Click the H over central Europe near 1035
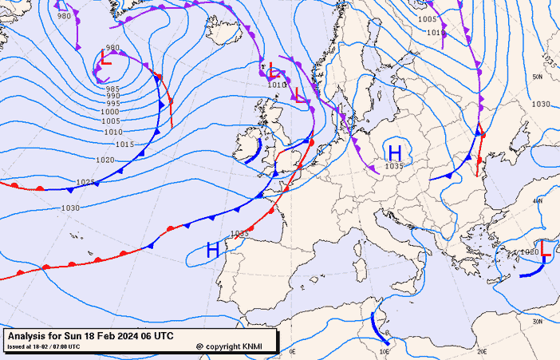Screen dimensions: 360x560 click(x=394, y=152)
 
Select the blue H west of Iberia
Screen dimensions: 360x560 click(x=213, y=250)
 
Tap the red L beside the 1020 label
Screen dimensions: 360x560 click(x=546, y=249)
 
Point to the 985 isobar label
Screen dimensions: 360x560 click(x=112, y=89)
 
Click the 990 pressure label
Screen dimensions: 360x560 click(x=112, y=96)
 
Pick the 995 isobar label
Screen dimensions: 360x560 click(x=112, y=104)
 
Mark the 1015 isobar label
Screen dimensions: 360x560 click(x=124, y=144)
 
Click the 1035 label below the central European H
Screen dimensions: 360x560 click(x=394, y=166)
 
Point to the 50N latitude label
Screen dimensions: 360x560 click(x=538, y=77)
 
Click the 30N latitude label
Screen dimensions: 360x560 click(x=538, y=321)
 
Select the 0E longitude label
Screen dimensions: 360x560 click(x=292, y=350)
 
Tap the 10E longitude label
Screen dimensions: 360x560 click(x=385, y=350)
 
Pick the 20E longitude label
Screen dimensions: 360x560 click(x=481, y=350)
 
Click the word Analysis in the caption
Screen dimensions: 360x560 click(x=27, y=336)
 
